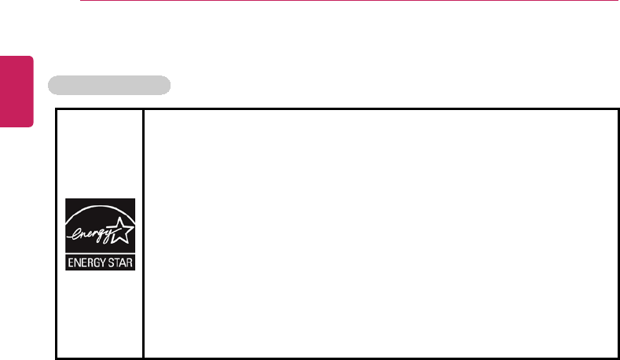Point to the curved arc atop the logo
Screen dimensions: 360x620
point(99,211)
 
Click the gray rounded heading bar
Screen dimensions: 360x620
point(109,85)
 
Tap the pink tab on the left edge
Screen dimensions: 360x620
point(17,90)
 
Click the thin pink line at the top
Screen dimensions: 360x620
point(346,2)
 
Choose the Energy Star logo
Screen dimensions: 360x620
point(100,234)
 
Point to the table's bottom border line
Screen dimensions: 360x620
point(338,358)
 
